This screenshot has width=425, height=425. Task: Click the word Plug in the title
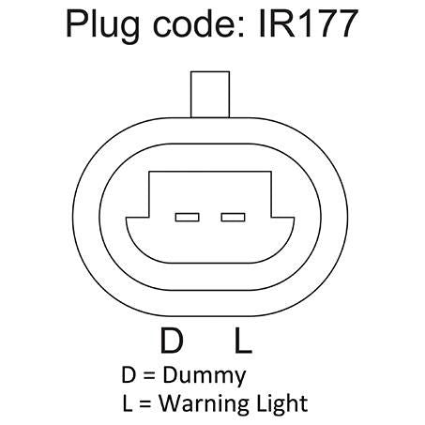point(102,25)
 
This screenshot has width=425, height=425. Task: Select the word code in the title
point(197,23)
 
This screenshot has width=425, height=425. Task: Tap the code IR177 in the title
point(309,23)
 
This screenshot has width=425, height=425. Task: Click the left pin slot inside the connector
point(187,217)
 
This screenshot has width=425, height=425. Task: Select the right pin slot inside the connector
point(233,217)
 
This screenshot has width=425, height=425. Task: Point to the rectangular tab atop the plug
point(210,95)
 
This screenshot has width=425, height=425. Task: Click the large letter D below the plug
point(172,341)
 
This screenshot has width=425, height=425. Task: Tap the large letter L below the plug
point(243,341)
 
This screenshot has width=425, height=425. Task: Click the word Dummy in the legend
point(205,376)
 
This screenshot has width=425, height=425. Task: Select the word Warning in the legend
point(205,403)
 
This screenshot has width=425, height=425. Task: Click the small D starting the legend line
point(129,374)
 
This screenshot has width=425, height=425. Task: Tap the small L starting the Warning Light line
point(128,403)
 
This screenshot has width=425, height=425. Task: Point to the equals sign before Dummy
point(149,375)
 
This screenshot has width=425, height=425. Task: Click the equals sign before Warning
point(145,403)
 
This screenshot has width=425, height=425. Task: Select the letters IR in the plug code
point(278,23)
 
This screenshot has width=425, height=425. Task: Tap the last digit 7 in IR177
point(346,23)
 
